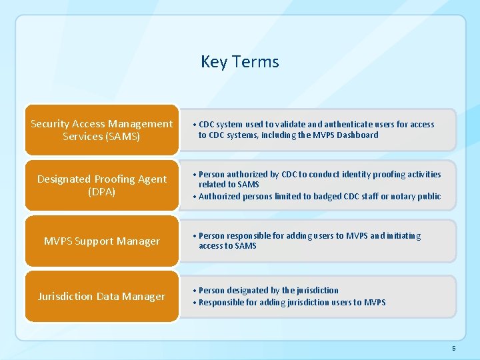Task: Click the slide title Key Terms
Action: pyautogui.click(x=239, y=62)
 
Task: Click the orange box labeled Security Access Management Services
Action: pyautogui.click(x=101, y=129)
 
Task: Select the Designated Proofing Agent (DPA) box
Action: pyautogui.click(x=101, y=185)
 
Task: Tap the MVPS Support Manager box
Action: pyautogui.click(x=101, y=241)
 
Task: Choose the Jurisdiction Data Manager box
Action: pyautogui.click(x=101, y=296)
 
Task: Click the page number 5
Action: pyautogui.click(x=453, y=348)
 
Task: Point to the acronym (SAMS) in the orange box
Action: pyautogui.click(x=101, y=136)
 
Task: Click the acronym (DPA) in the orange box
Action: pyautogui.click(x=101, y=191)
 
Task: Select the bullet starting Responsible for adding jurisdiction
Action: pyautogui.click(x=291, y=302)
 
